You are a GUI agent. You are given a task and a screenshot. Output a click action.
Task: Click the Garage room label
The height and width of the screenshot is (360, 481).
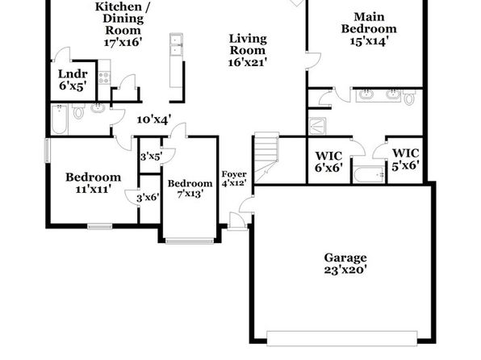(345, 257)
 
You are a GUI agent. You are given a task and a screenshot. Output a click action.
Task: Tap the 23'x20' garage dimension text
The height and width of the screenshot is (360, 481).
(345, 270)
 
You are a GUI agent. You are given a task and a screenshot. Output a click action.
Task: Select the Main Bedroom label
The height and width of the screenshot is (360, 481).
(369, 23)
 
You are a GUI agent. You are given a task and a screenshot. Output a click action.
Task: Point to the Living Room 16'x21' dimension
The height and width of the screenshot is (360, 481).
(247, 62)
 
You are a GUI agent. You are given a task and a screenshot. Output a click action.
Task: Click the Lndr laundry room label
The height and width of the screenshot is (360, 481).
(73, 74)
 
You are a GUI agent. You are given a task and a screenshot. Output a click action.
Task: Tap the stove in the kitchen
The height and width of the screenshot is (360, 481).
(104, 77)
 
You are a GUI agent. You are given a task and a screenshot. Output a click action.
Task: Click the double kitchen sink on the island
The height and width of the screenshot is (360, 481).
(176, 45)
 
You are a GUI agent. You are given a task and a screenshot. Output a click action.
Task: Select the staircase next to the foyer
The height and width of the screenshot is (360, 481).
(266, 157)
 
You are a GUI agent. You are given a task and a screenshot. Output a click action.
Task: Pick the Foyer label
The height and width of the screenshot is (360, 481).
(234, 174)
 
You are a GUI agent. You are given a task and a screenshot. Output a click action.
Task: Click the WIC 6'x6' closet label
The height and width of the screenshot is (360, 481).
(328, 161)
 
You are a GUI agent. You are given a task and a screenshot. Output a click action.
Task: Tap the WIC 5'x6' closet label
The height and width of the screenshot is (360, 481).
(405, 159)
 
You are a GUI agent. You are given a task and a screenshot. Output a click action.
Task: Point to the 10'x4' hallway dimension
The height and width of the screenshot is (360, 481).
(153, 119)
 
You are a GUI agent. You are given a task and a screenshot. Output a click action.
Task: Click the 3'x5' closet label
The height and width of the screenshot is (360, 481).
(151, 157)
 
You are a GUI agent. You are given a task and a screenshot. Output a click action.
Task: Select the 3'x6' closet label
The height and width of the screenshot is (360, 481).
(148, 197)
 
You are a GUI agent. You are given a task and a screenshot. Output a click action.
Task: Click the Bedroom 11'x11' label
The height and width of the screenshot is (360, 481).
(94, 183)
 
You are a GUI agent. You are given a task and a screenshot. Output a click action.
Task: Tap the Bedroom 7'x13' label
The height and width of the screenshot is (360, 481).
(190, 188)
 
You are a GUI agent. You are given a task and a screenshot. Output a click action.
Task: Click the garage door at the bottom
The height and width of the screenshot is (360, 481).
(341, 338)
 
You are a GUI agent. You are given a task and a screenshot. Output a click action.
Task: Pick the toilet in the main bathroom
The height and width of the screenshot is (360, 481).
(409, 98)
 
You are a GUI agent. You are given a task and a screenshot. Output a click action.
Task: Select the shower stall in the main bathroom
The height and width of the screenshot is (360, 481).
(317, 126)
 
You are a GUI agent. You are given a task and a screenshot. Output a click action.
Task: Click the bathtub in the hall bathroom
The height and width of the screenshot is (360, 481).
(59, 119)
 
